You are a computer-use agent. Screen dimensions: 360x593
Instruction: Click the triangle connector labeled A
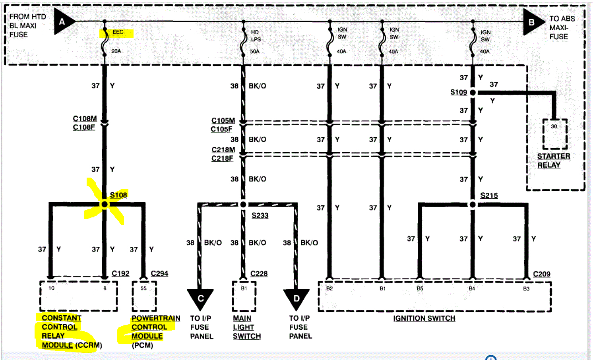(x=63, y=21)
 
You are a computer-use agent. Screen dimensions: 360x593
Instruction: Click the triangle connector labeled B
(x=532, y=22)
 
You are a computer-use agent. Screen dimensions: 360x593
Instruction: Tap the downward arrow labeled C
(x=200, y=299)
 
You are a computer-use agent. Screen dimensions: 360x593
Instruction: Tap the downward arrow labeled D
(x=296, y=299)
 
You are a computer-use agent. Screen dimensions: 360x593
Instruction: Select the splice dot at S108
(x=105, y=204)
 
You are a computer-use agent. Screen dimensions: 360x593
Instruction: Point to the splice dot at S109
(x=473, y=93)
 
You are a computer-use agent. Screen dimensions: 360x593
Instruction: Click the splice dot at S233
(x=243, y=204)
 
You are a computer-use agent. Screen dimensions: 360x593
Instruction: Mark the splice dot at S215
(x=473, y=205)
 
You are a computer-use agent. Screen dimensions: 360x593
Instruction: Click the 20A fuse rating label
(x=116, y=51)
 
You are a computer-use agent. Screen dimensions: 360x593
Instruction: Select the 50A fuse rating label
(x=255, y=52)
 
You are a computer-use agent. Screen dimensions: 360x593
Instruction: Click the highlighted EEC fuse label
(x=118, y=32)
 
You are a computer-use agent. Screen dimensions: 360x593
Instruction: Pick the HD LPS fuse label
(x=256, y=36)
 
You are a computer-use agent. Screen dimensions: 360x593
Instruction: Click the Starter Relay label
(x=553, y=161)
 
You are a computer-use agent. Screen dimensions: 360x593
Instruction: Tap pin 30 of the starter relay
(x=554, y=126)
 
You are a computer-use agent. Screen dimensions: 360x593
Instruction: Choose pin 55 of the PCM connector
(x=143, y=288)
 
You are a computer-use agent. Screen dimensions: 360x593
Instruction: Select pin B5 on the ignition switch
(x=420, y=288)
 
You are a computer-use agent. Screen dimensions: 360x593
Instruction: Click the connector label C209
(x=541, y=274)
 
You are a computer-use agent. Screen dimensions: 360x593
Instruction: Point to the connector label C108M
(x=85, y=118)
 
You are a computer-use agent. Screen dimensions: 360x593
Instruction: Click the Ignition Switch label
(x=424, y=318)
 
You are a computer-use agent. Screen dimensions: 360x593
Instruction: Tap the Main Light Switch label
(x=246, y=327)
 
